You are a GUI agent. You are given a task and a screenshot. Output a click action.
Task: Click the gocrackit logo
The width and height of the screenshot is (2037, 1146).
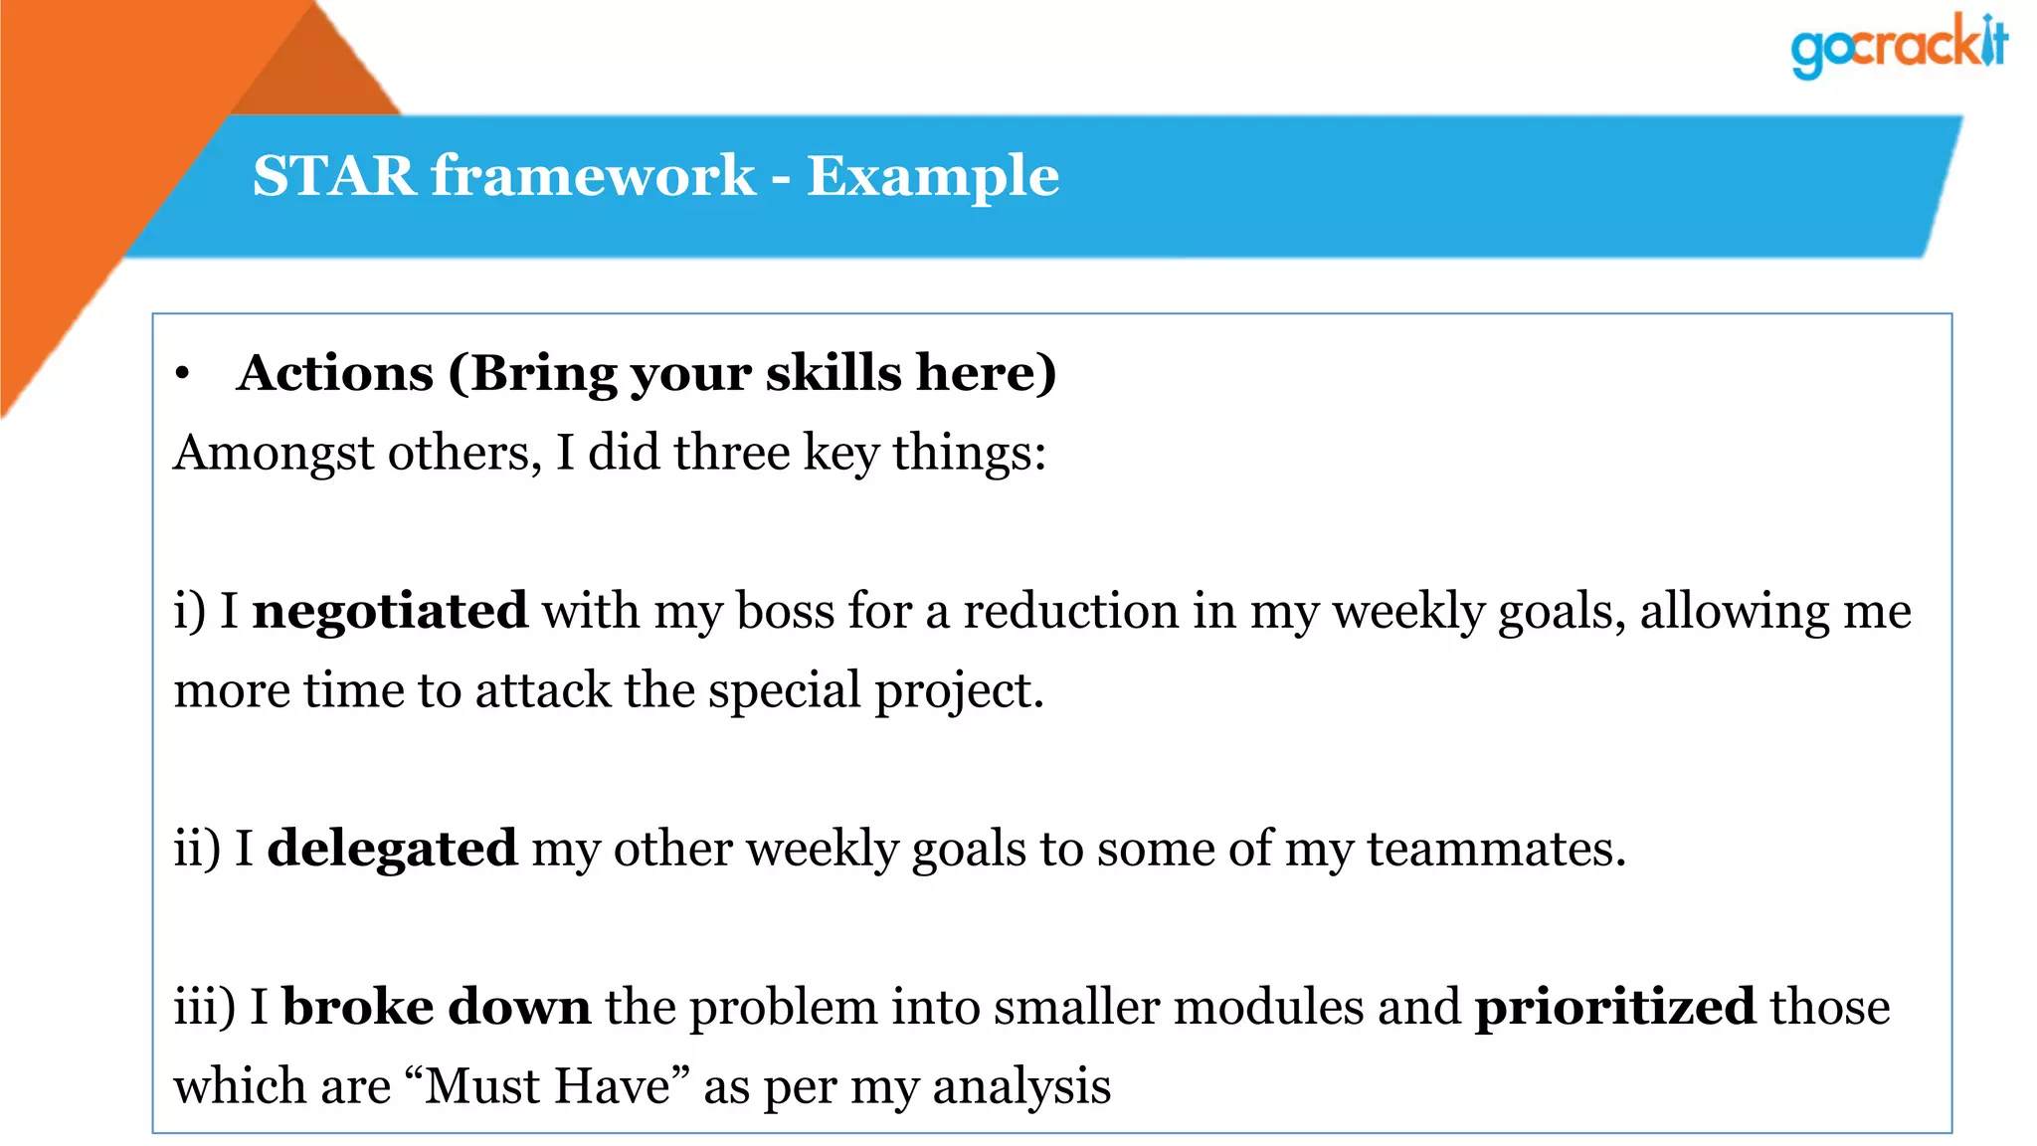point(1898,46)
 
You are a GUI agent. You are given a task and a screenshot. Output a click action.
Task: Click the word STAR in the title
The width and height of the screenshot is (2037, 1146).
point(333,176)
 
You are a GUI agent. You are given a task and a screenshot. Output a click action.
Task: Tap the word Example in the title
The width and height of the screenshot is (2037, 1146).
point(932,176)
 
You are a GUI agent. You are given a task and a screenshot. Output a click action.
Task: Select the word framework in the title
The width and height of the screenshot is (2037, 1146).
point(593,176)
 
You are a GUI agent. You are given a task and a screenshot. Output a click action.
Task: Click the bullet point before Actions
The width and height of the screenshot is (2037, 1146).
point(182,375)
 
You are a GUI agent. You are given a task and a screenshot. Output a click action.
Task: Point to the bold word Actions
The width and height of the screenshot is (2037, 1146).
point(335,373)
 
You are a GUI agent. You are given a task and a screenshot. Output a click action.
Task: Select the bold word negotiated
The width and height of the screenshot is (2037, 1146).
point(390,611)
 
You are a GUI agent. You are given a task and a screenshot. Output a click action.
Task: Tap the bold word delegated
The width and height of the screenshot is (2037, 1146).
point(392,849)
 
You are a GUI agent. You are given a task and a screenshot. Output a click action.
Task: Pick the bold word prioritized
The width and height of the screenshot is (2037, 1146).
point(1614,1007)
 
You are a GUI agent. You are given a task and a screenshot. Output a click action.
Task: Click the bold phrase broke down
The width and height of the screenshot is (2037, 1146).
point(437,1007)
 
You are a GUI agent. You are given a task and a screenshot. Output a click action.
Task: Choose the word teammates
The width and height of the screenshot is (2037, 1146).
point(1496,849)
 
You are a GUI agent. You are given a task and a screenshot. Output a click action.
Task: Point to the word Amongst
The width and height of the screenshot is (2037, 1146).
point(274,453)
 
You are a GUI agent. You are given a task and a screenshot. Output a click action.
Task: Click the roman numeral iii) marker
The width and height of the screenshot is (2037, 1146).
point(205,1007)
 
